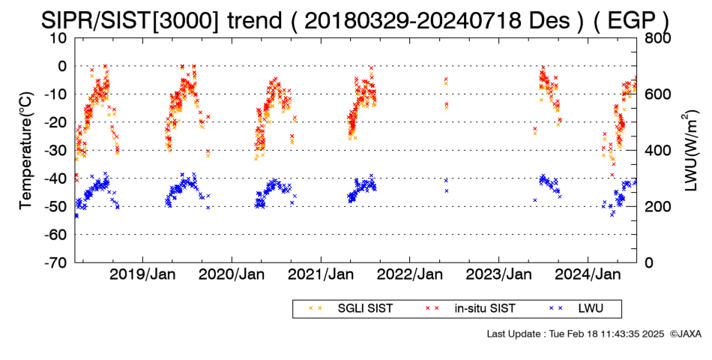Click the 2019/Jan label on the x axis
[x=143, y=275]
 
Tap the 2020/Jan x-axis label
[x=232, y=275]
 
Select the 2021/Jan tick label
[x=321, y=275]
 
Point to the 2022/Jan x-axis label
[x=410, y=275]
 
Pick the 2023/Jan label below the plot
[x=499, y=275]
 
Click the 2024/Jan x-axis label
[x=588, y=275]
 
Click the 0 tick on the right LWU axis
[x=649, y=262]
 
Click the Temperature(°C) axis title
[x=26, y=151]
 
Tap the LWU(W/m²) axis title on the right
[x=691, y=151]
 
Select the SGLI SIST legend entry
[x=351, y=309]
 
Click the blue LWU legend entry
[x=576, y=309]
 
